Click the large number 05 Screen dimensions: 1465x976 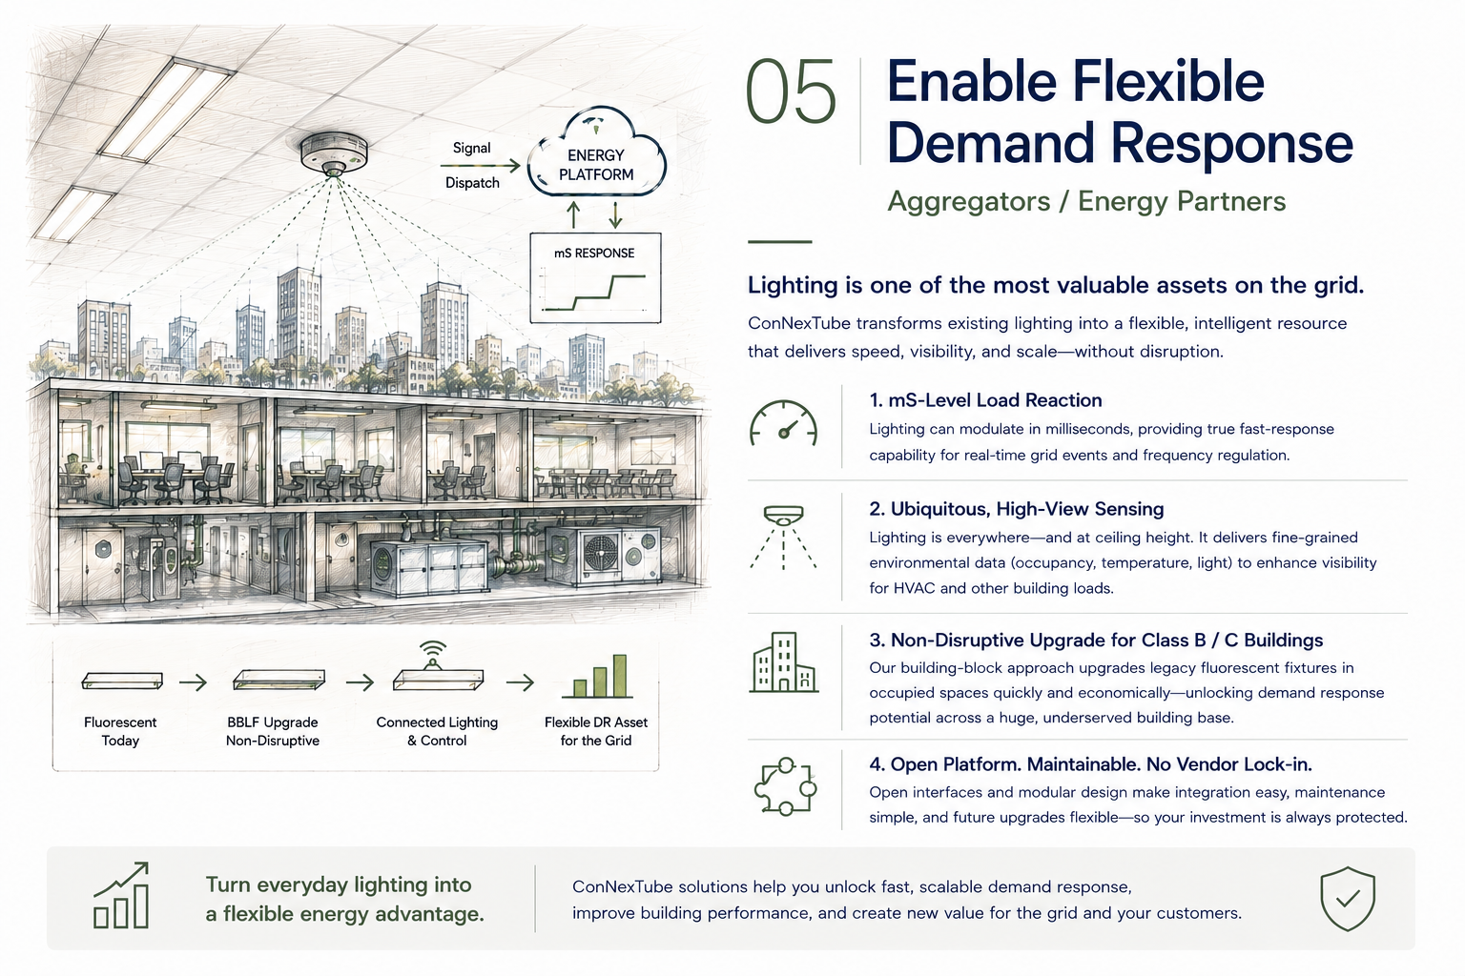tap(791, 91)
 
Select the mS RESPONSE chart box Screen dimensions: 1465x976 tap(595, 277)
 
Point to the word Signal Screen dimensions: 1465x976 tap(471, 149)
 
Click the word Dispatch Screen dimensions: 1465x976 tap(472, 183)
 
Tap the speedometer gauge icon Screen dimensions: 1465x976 tap(783, 423)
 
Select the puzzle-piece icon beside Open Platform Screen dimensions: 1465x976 tap(786, 786)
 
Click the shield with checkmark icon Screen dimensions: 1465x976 tap(1348, 898)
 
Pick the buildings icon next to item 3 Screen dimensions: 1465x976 tap(783, 661)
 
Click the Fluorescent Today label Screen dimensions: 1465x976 tap(120, 731)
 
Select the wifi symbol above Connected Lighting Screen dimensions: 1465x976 tap(432, 651)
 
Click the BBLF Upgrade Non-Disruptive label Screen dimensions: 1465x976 tap(273, 731)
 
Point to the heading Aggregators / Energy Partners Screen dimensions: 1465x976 tap(1086, 201)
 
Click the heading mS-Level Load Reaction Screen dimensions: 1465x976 tap(985, 400)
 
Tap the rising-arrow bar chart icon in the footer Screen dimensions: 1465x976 tap(122, 895)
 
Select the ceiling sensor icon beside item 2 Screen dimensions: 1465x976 tap(783, 537)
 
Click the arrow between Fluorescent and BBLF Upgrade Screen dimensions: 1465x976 tap(193, 683)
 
